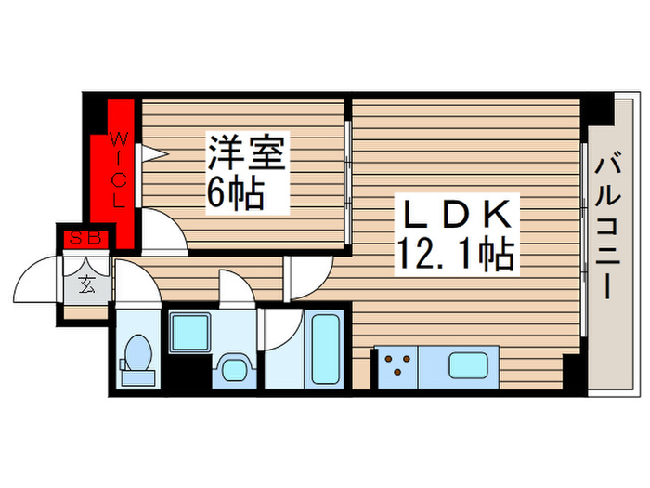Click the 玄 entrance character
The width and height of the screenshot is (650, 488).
[x=85, y=285]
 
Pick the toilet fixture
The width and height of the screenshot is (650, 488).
[x=138, y=357]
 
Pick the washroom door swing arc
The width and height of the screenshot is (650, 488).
[x=238, y=287]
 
